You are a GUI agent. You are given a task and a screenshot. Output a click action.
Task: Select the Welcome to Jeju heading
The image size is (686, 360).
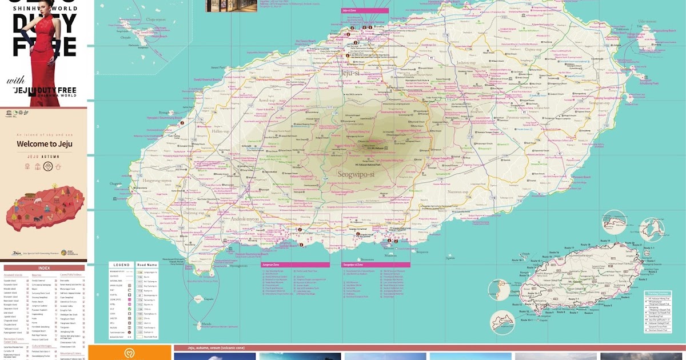[43, 144]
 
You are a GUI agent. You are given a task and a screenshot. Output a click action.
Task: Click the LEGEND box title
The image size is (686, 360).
[122, 265]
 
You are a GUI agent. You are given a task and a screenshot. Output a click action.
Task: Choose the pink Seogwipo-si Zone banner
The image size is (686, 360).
[376, 265]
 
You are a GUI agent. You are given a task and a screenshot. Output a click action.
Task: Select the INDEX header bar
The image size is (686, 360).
[44, 268]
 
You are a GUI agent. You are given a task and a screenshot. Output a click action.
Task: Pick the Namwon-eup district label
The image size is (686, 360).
[457, 192]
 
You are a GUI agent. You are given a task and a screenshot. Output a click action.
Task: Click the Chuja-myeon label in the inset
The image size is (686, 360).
[155, 19]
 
